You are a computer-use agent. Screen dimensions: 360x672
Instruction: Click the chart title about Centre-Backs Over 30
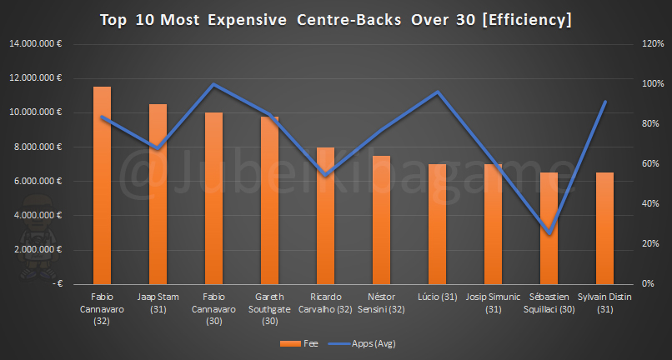click(x=336, y=18)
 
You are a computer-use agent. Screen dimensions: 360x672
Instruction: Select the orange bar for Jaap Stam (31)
click(x=158, y=194)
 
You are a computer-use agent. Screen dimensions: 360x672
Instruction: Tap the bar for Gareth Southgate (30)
click(x=269, y=200)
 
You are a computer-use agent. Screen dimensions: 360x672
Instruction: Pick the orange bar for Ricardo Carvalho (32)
click(x=325, y=216)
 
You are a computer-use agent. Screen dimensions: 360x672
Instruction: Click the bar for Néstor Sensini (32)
click(x=381, y=220)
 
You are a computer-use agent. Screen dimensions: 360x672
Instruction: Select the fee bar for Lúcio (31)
click(x=437, y=224)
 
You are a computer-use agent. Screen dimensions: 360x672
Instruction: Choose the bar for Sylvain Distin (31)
click(x=604, y=228)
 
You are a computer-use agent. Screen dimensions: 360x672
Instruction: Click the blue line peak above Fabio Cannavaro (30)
click(x=213, y=84)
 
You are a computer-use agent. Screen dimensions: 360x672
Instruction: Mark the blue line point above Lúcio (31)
click(x=437, y=92)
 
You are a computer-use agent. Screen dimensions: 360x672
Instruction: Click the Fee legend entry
click(x=303, y=342)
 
